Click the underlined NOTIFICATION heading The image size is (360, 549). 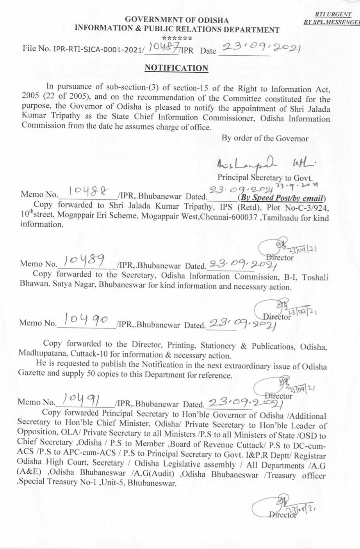(176, 68)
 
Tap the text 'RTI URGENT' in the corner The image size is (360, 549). (337, 14)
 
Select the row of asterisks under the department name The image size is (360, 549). (176, 38)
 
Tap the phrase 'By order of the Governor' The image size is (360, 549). (265, 138)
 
